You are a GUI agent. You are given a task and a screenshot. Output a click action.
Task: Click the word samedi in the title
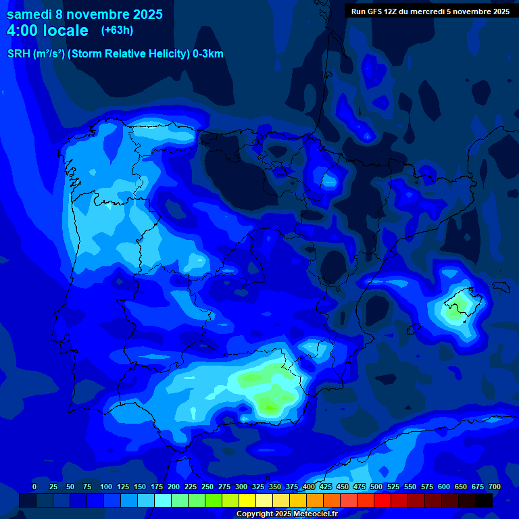[29, 14]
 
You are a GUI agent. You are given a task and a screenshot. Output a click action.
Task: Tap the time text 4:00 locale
[47, 30]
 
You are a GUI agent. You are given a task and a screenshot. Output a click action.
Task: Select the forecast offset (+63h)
[117, 30]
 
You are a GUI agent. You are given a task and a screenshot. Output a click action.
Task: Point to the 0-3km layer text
[207, 54]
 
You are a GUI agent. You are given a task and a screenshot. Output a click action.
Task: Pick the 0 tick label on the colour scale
[34, 487]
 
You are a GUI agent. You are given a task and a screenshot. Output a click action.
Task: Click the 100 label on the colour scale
[106, 487]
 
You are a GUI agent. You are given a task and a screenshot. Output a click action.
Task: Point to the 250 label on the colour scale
[207, 487]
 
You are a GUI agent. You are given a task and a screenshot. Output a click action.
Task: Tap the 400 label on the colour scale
[309, 487]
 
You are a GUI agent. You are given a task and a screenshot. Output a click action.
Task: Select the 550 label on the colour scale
[410, 487]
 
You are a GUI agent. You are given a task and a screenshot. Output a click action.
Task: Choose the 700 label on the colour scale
[495, 487]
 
